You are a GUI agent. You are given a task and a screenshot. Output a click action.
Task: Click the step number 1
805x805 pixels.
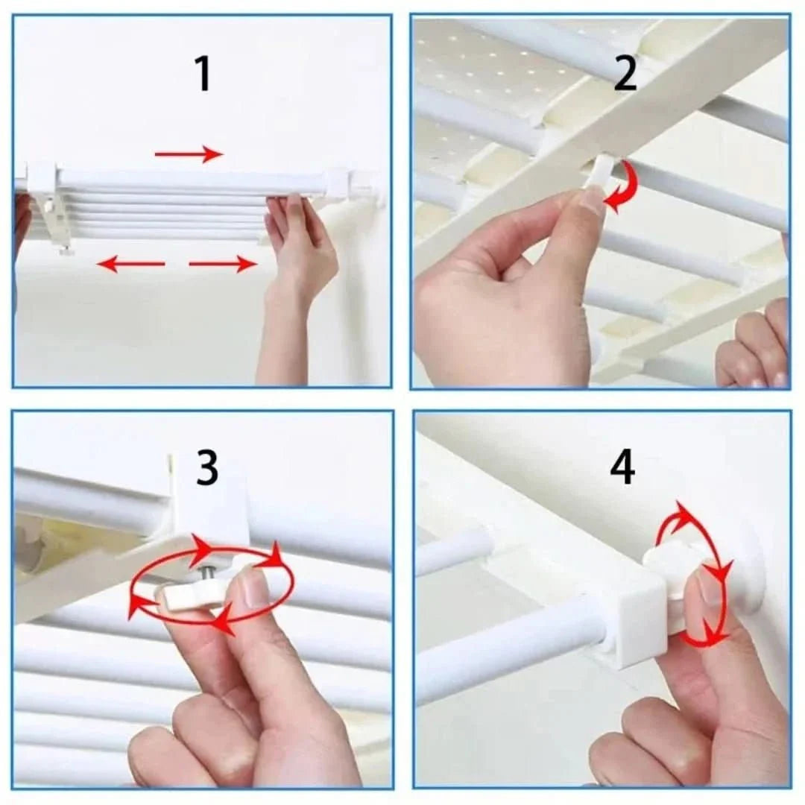pos(202,75)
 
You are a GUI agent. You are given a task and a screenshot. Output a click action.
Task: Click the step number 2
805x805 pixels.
pos(625,75)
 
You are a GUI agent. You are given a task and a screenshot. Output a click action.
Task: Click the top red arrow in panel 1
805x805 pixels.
pos(189,154)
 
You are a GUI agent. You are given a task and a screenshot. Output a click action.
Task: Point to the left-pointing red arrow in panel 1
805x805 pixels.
pos(131,264)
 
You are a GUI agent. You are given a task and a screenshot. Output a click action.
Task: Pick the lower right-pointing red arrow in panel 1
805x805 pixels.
pos(222,264)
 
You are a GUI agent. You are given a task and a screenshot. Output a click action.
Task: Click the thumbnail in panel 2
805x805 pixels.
pos(593,200)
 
